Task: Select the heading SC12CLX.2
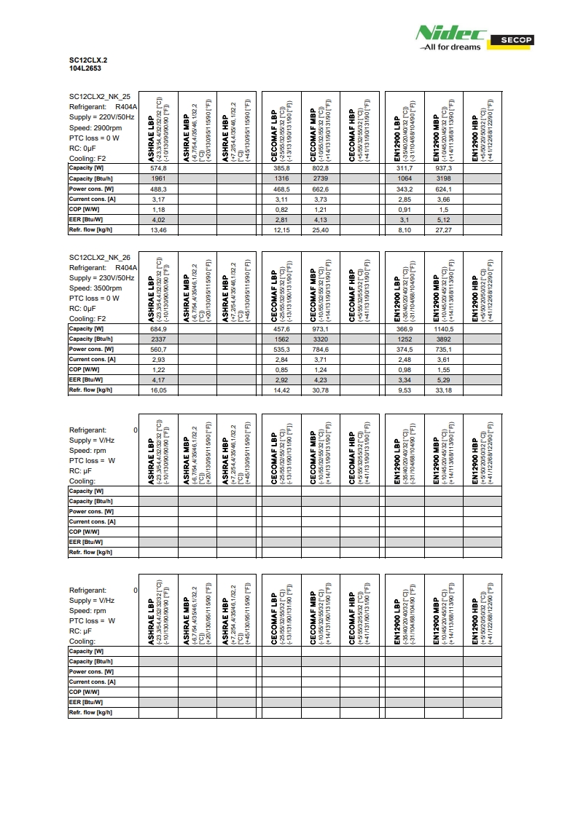pyautogui.click(x=83, y=60)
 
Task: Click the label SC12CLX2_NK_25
pyautogui.click(x=100, y=96)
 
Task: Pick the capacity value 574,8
pyautogui.click(x=158, y=168)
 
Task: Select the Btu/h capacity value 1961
pyautogui.click(x=158, y=178)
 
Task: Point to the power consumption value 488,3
pyautogui.click(x=158, y=189)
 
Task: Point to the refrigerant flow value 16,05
pyautogui.click(x=158, y=390)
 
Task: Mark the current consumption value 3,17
pyautogui.click(x=158, y=199)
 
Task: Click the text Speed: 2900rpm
pyautogui.click(x=95, y=127)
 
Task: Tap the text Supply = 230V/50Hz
pyautogui.click(x=101, y=278)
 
